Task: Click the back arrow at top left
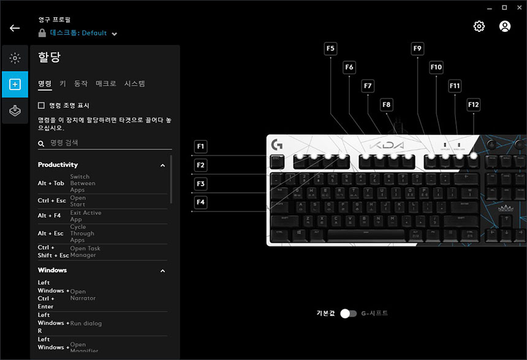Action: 15,28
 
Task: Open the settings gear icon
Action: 479,26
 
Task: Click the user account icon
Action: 505,26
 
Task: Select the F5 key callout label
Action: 331,48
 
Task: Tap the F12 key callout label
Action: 473,105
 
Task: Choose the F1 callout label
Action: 201,146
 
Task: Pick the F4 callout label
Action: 201,202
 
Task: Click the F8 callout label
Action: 387,105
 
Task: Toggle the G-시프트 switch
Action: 349,313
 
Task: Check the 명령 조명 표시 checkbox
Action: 42,105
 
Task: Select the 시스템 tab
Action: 134,83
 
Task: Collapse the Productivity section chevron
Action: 162,165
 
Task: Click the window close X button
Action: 518,7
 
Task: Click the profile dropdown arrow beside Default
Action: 115,34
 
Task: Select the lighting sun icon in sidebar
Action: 15,59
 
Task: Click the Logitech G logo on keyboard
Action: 276,145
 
